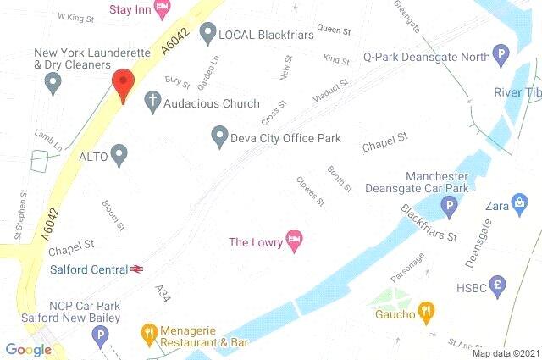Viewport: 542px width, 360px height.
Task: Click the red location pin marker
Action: tap(124, 83)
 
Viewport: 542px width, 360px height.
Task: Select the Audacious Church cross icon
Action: tap(153, 102)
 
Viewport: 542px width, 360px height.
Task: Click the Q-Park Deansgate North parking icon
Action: tap(501, 57)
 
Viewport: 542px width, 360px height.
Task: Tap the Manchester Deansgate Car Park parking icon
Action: tap(449, 206)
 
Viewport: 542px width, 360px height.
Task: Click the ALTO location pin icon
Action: tap(119, 156)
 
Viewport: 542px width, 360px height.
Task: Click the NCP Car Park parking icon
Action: tap(101, 337)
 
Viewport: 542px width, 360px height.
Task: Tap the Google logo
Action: tap(28, 349)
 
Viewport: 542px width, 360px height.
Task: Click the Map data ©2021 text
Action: tap(505, 352)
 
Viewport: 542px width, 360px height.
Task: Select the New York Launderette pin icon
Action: tap(53, 84)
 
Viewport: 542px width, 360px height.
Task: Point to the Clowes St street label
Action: tap(310, 191)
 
